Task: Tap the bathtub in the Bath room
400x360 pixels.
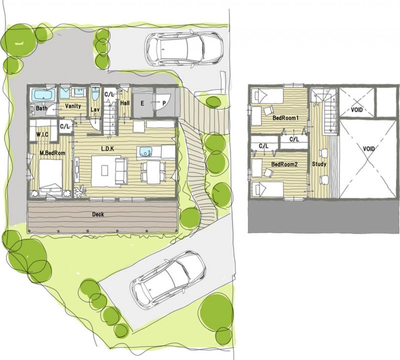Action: click(x=43, y=94)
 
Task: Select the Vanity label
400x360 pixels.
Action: click(x=73, y=106)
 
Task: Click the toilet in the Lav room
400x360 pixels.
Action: click(x=95, y=94)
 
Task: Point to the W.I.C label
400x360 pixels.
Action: click(x=42, y=135)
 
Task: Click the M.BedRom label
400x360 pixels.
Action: click(x=52, y=153)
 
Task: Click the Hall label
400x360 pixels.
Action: click(x=125, y=103)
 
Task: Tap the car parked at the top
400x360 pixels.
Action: click(x=184, y=49)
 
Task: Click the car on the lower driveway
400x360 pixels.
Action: click(x=168, y=279)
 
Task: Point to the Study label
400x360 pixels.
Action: click(x=319, y=164)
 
